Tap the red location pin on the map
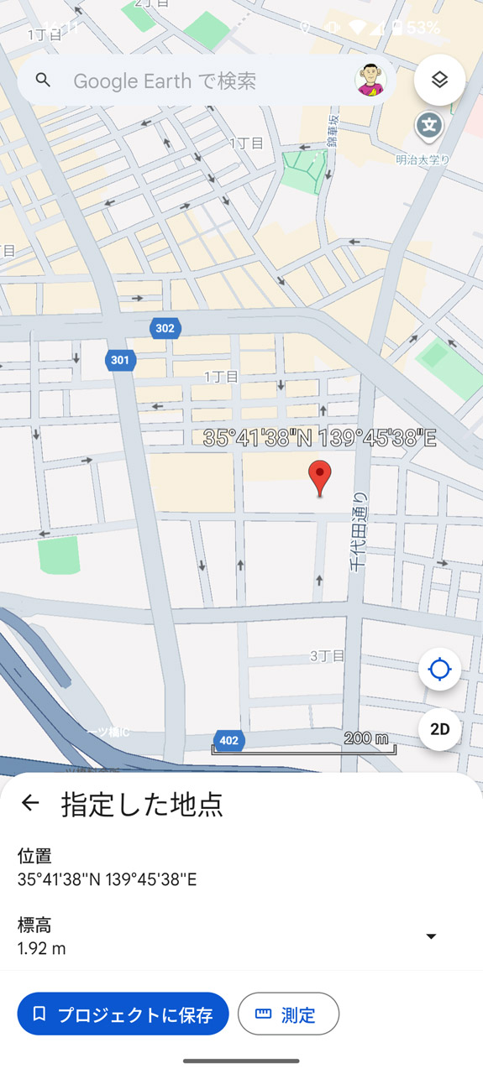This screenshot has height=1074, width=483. click(319, 477)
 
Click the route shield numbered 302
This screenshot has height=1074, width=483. click(165, 328)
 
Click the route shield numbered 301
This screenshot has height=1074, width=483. click(120, 360)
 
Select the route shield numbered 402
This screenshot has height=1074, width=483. click(228, 740)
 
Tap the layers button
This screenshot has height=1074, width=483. click(439, 81)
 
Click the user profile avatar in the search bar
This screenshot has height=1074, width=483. click(370, 81)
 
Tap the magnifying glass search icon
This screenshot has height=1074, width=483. click(43, 81)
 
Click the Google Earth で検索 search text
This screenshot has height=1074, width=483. click(165, 81)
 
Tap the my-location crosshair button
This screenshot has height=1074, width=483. click(439, 670)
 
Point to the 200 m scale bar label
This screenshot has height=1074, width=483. click(366, 738)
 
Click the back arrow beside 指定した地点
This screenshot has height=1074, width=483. click(30, 803)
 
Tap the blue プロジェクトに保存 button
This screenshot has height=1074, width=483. click(123, 1014)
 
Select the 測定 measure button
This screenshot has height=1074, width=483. click(288, 1014)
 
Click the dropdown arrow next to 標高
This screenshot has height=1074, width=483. click(431, 936)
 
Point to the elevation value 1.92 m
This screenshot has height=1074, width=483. click(42, 948)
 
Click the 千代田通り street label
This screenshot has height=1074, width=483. click(359, 532)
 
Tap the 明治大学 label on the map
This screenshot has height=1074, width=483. click(423, 159)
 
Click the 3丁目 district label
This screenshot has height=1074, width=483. click(327, 655)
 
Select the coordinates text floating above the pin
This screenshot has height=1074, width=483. click(320, 438)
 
